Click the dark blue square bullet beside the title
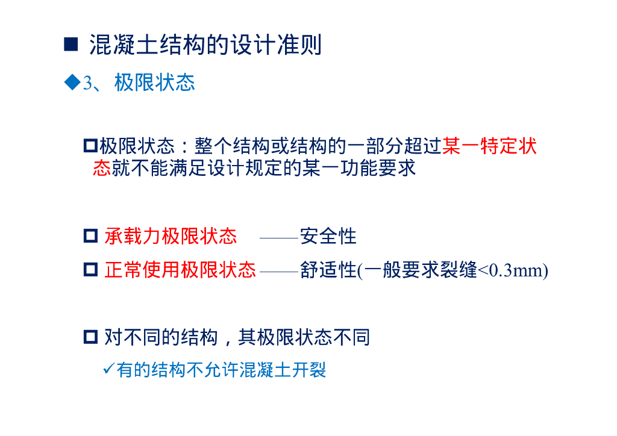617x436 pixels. (71, 45)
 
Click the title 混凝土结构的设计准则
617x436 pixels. (205, 45)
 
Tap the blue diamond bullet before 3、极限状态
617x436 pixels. (72, 82)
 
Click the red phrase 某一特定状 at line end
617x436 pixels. (489, 146)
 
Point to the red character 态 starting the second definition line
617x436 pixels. (102, 167)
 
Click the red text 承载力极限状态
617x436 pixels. (171, 236)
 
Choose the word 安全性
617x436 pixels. (328, 236)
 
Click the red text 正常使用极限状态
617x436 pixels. (180, 270)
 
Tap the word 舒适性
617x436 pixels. (328, 270)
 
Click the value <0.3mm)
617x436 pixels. (513, 270)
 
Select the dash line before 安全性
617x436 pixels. (279, 238)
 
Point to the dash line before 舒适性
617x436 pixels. (279, 272)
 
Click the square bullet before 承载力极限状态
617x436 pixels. (90, 236)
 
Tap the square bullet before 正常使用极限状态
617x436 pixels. (90, 270)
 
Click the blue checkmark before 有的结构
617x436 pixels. (109, 368)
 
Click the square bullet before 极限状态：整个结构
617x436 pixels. (90, 146)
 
